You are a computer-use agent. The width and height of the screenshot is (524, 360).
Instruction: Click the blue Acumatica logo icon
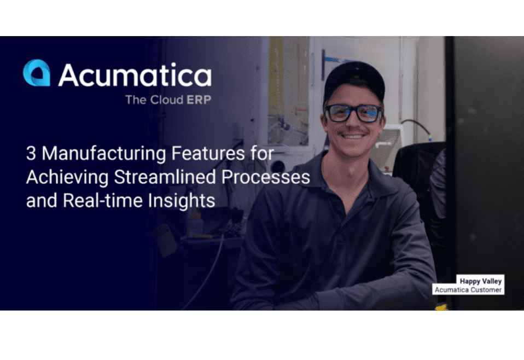click(37, 73)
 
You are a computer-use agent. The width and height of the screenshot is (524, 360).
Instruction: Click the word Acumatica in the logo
click(135, 75)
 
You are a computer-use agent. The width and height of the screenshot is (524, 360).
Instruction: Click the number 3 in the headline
click(31, 154)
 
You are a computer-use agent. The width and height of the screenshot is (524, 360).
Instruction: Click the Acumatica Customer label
click(468, 289)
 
